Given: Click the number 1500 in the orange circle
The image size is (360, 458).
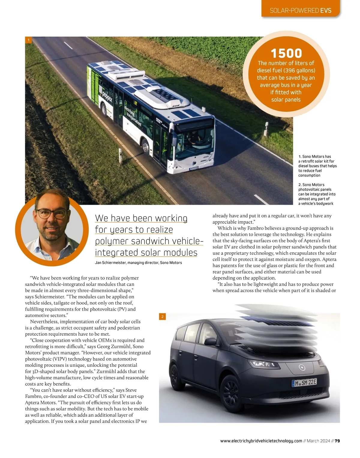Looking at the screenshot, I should [x=286, y=53].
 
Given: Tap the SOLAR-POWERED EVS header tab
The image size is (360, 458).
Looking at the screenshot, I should [x=300, y=10].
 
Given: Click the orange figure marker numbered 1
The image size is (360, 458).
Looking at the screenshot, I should [x=28, y=40].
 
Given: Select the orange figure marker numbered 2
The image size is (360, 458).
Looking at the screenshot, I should [x=162, y=316].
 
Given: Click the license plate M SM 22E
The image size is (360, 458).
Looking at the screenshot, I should [x=304, y=383].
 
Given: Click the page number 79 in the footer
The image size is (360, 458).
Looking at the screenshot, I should [x=337, y=441].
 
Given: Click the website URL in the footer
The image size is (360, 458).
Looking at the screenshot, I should [x=261, y=441].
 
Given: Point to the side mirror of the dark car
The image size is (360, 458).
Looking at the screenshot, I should [x=211, y=341].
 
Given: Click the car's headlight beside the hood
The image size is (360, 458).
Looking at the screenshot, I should [x=262, y=364].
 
